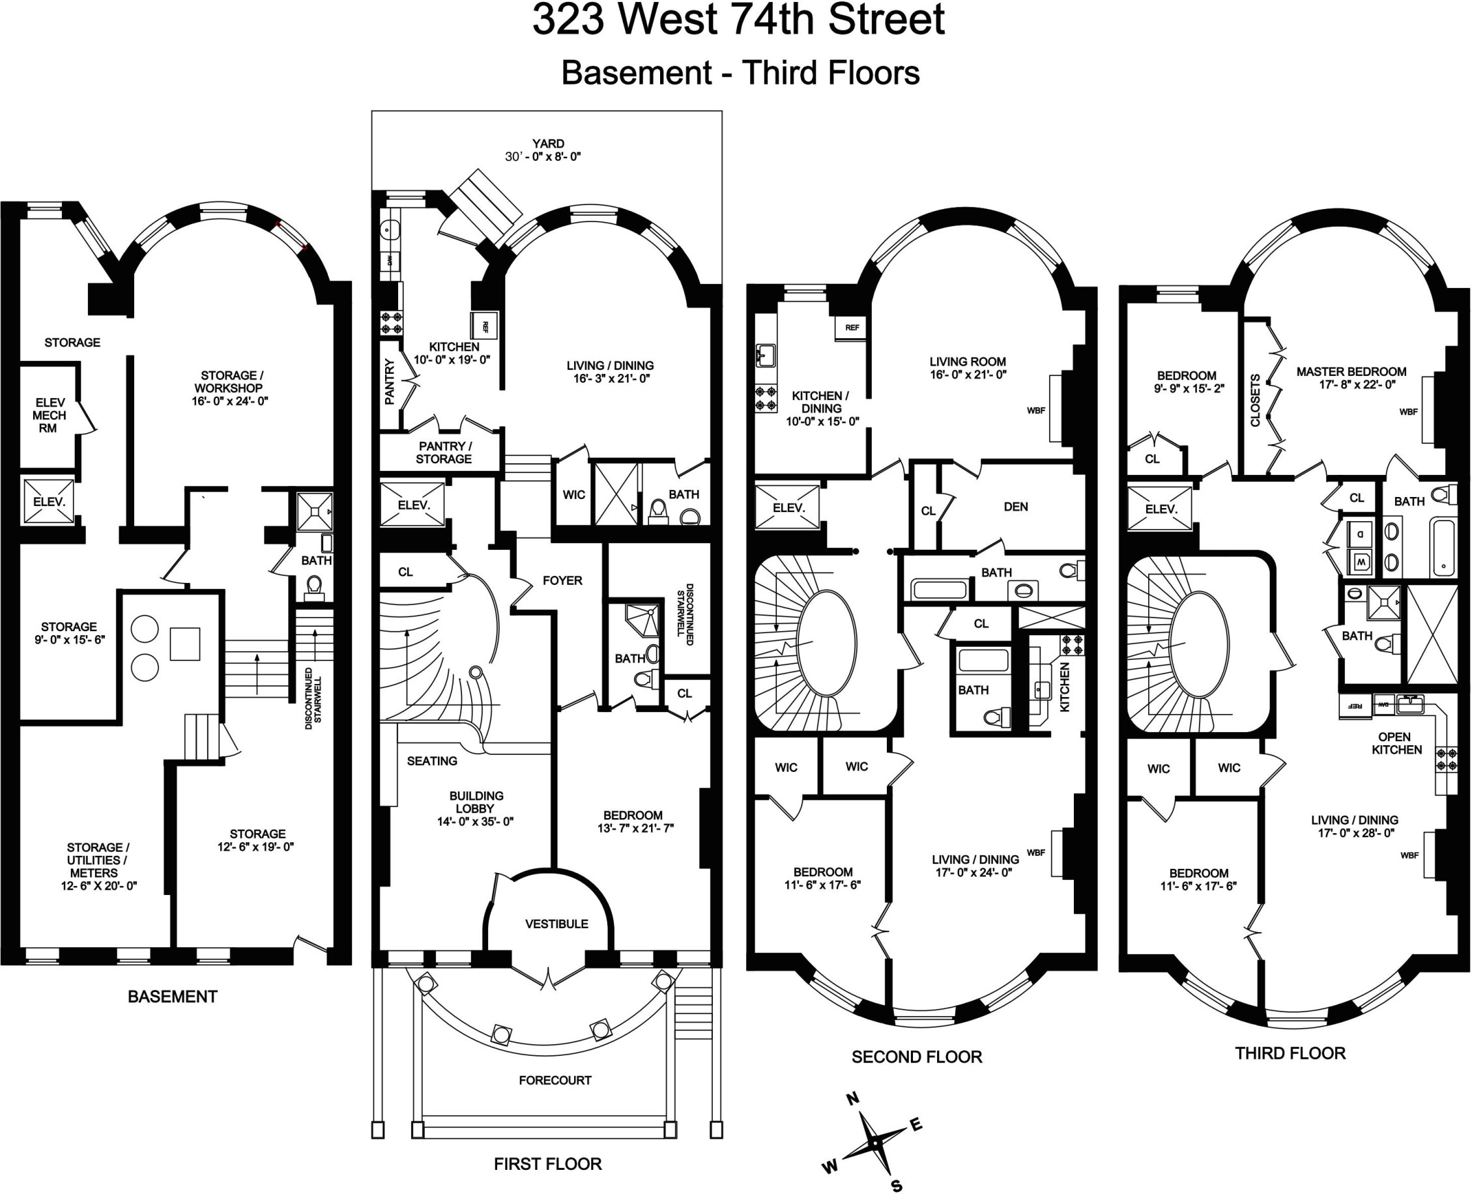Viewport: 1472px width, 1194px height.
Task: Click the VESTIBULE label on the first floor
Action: click(x=556, y=924)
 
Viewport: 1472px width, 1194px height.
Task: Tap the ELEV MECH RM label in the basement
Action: click(x=49, y=416)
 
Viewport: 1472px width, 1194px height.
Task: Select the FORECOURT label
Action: click(x=555, y=1080)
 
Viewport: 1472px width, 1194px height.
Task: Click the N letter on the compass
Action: click(x=852, y=1098)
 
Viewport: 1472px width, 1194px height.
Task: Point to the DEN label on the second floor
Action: click(x=1015, y=507)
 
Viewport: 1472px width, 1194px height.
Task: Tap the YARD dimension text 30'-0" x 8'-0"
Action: click(x=543, y=157)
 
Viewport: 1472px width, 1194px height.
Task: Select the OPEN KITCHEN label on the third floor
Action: click(x=1396, y=743)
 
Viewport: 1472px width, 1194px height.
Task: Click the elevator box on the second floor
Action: click(x=788, y=507)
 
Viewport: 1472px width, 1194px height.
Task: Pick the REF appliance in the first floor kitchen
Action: click(x=484, y=326)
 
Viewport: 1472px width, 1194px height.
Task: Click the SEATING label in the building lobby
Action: click(x=431, y=761)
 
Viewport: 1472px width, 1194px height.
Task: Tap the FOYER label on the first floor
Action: click(x=562, y=580)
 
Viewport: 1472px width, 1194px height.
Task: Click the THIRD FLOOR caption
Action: click(x=1290, y=1053)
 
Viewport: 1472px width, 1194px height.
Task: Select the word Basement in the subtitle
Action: click(x=635, y=73)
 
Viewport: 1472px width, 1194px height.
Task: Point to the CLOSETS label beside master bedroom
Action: click(x=1254, y=401)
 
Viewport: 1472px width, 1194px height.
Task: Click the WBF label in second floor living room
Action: click(x=1035, y=410)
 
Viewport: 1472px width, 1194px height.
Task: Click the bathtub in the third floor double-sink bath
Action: click(x=1443, y=548)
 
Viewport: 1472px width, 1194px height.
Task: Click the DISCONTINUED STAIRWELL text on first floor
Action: click(x=685, y=614)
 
